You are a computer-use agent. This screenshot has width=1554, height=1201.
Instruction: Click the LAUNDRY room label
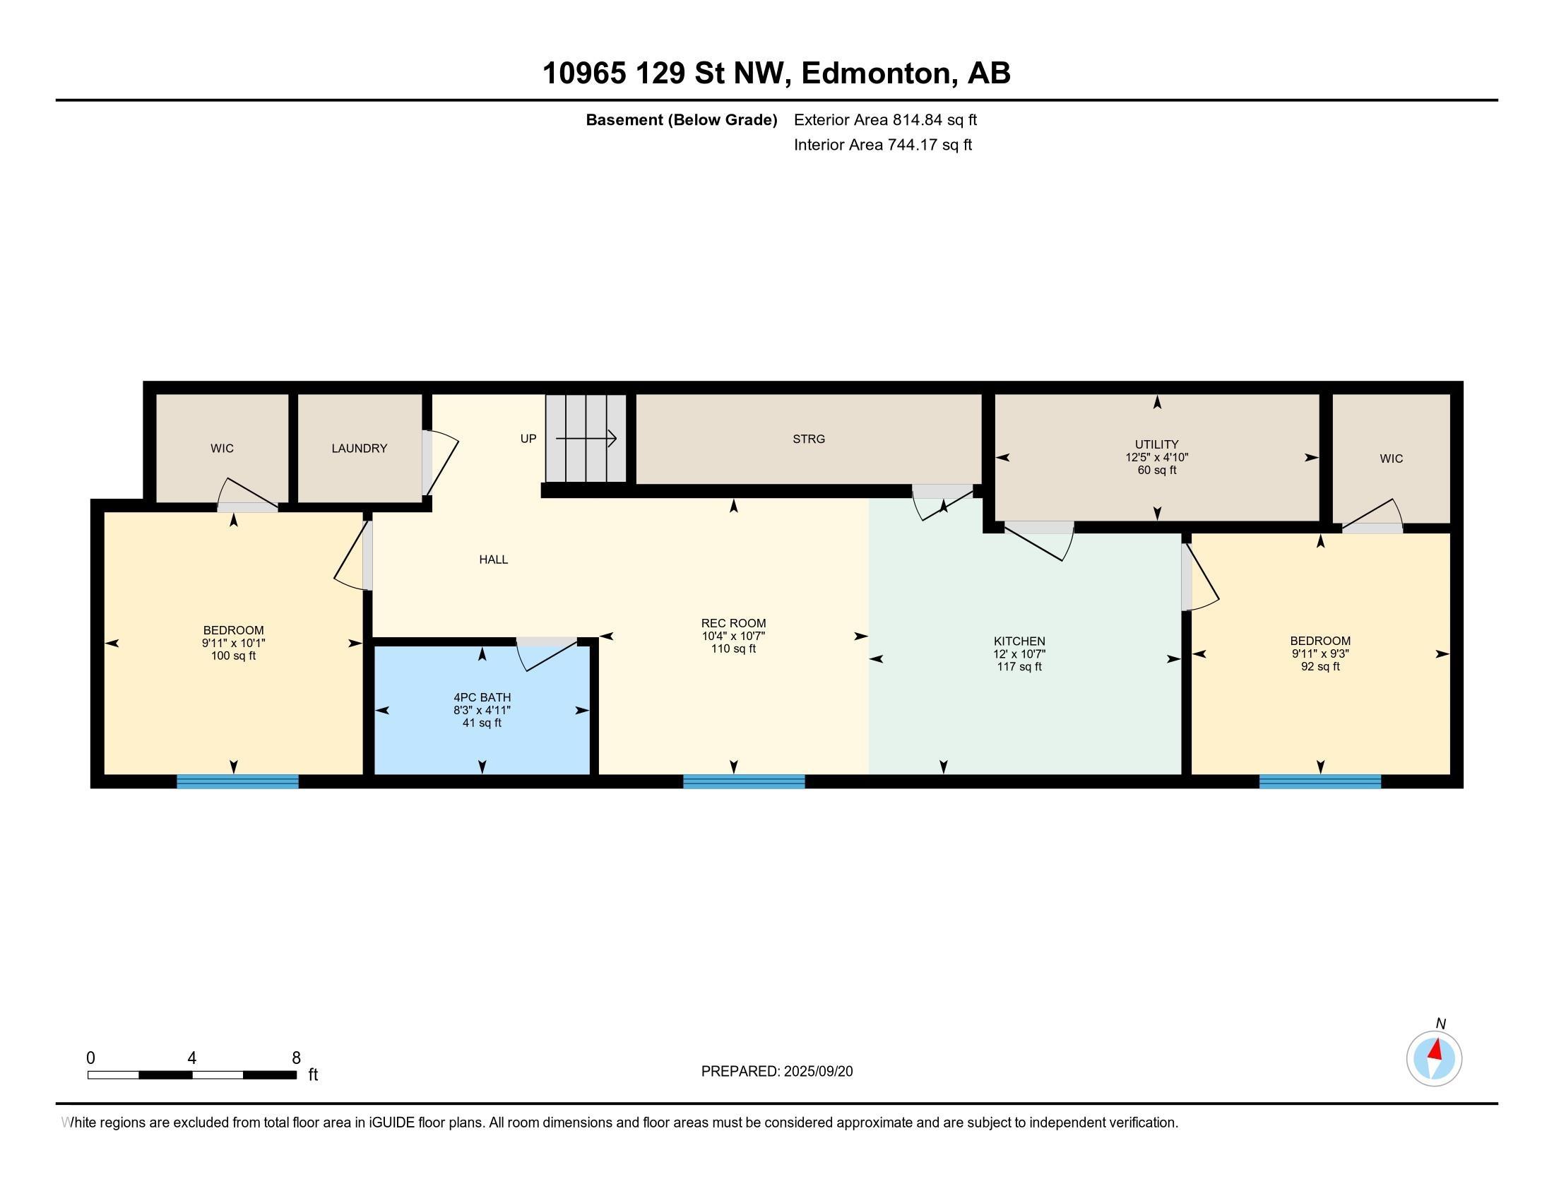pyautogui.click(x=360, y=448)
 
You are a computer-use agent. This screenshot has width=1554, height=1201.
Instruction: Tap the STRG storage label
pyautogui.click(x=809, y=439)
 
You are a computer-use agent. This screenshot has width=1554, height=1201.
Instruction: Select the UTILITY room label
pyautogui.click(x=1157, y=444)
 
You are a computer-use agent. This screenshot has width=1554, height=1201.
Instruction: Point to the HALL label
pyautogui.click(x=493, y=560)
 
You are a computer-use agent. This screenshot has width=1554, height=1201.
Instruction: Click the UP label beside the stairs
pyautogui.click(x=528, y=438)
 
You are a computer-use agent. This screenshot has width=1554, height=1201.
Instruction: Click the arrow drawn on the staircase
pyautogui.click(x=586, y=439)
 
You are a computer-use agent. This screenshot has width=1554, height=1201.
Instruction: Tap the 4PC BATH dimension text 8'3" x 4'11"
pyautogui.click(x=482, y=710)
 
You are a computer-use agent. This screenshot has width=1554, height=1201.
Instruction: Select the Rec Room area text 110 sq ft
pyautogui.click(x=734, y=649)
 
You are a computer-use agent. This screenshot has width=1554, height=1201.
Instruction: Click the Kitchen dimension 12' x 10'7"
pyautogui.click(x=1019, y=654)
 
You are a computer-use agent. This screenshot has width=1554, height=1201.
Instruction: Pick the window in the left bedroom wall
pyautogui.click(x=237, y=781)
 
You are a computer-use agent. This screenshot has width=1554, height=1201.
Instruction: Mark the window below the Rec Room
pyautogui.click(x=745, y=781)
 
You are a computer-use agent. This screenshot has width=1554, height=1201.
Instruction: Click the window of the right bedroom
pyautogui.click(x=1320, y=781)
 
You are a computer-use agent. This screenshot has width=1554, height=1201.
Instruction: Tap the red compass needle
pyautogui.click(x=1436, y=1049)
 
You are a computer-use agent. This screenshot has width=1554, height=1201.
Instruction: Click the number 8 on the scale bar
pyautogui.click(x=296, y=1058)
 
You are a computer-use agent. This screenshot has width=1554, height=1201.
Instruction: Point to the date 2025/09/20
pyautogui.click(x=818, y=1072)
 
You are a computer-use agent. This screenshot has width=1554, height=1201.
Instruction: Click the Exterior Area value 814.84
pyautogui.click(x=913, y=119)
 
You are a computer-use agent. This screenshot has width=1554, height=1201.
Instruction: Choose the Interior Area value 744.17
pyautogui.click(x=908, y=144)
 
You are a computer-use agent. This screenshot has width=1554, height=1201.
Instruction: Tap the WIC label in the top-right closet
pyautogui.click(x=1391, y=459)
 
